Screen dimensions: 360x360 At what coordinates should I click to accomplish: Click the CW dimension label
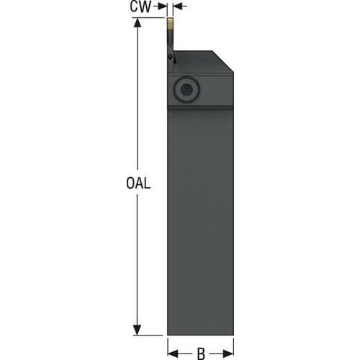pos(140,6)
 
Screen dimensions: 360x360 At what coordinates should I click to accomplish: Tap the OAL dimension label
pos(138,184)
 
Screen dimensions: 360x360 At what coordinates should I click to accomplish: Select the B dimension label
pos(201,354)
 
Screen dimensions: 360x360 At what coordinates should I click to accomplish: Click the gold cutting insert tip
pos(170,24)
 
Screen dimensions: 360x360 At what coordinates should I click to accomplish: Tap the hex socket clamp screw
pos(186,89)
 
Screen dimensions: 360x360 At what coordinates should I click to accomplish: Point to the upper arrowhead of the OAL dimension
pos(138,22)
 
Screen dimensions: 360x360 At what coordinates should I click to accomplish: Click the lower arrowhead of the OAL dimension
pos(137,330)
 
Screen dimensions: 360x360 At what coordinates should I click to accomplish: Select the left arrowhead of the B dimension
pos(173,354)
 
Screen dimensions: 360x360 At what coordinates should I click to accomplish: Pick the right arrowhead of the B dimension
pos(228,354)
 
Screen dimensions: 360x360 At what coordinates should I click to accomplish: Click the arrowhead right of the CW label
pos(163,6)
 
